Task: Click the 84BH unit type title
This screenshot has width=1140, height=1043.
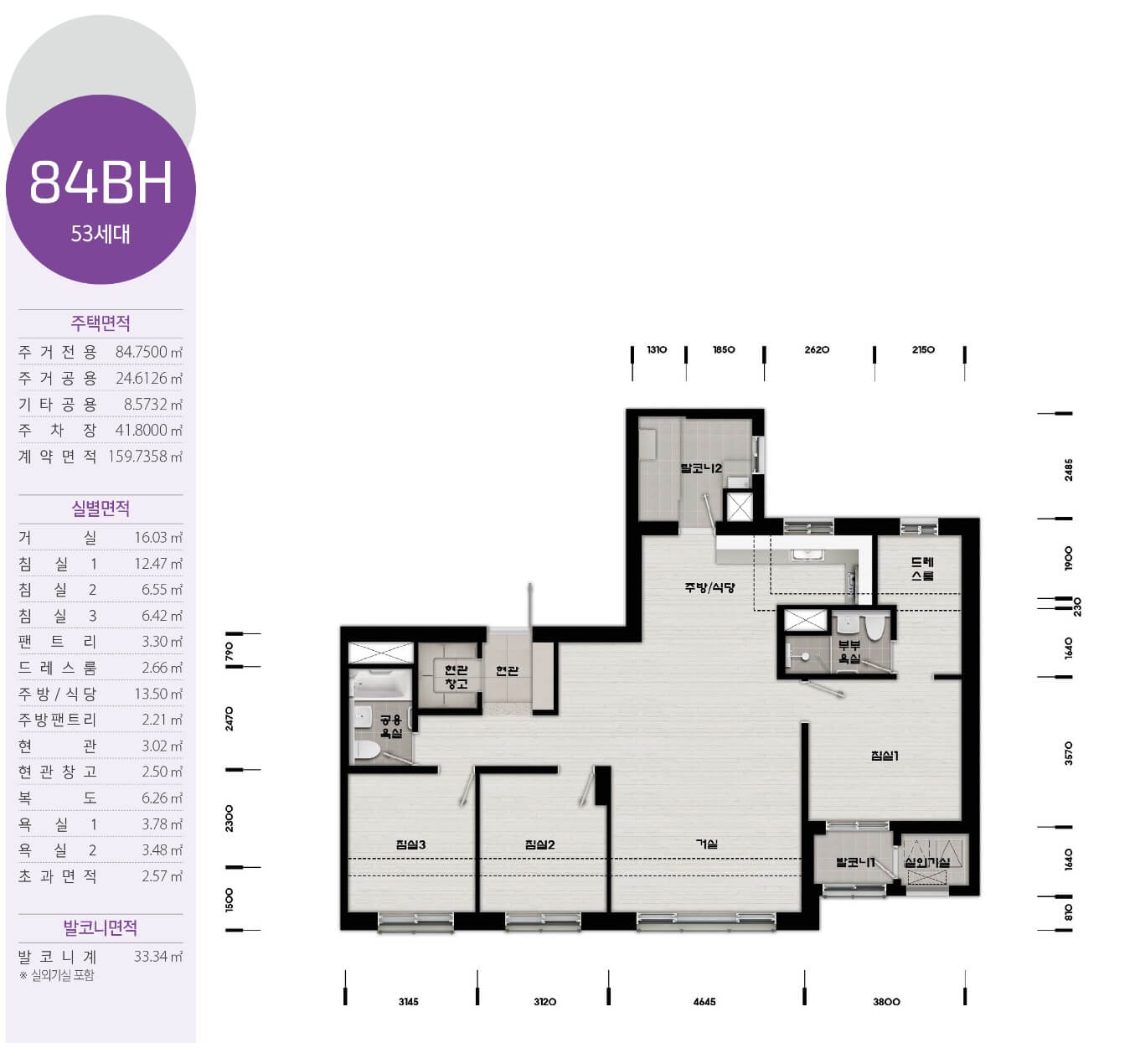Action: click(101, 182)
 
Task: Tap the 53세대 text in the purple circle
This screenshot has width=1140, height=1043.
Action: click(101, 234)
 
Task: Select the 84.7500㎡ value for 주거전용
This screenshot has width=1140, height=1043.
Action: click(149, 352)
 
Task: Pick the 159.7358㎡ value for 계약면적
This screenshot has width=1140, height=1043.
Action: click(146, 457)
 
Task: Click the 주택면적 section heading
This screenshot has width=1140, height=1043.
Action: click(101, 323)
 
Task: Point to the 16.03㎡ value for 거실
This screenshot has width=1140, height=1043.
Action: click(158, 537)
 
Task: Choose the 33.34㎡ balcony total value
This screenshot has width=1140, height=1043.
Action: click(158, 956)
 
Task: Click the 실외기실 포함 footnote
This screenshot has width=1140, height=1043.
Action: click(57, 975)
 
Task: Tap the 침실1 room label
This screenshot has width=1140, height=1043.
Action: click(885, 756)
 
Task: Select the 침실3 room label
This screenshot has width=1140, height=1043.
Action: click(410, 844)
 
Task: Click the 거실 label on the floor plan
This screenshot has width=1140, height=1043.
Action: click(706, 844)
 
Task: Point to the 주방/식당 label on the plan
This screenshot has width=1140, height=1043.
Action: click(709, 587)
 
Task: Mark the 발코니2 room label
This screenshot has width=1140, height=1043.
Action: click(701, 467)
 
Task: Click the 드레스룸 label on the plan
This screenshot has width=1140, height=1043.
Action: click(921, 568)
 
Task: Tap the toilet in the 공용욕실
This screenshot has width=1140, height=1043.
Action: click(366, 751)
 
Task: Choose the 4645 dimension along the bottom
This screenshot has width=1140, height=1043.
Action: click(704, 1001)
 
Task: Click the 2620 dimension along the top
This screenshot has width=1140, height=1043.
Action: click(817, 349)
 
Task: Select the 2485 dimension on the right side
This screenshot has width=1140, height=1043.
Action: click(1069, 469)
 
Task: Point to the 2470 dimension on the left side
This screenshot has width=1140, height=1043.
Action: click(229, 718)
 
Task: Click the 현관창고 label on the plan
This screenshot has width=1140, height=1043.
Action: click(456, 677)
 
